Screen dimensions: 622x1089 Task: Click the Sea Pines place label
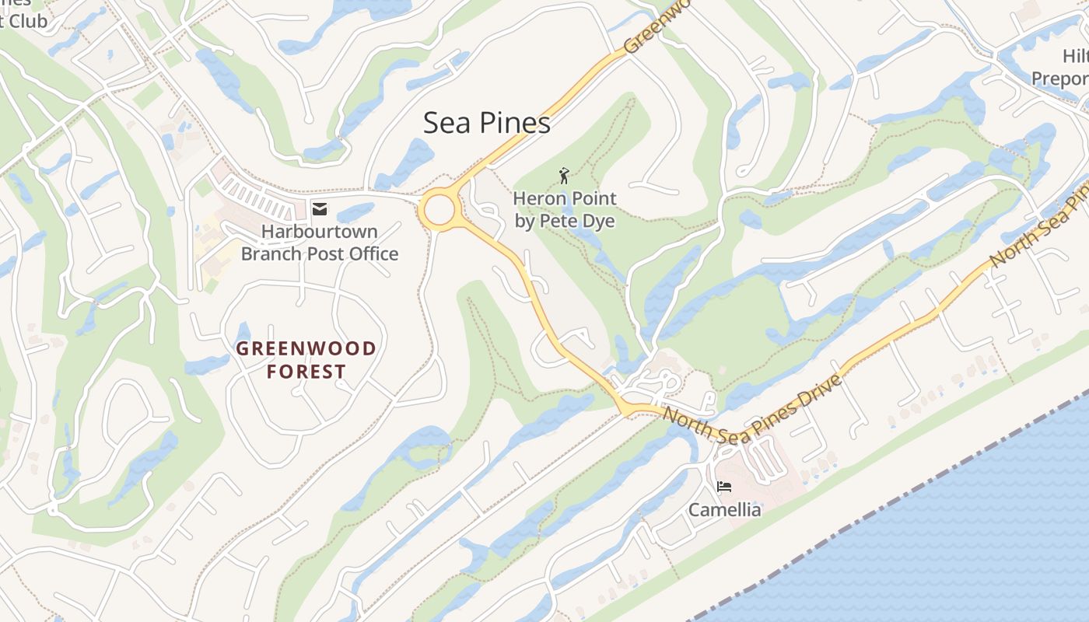pyautogui.click(x=487, y=123)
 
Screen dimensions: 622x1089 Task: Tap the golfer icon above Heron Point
pyautogui.click(x=565, y=176)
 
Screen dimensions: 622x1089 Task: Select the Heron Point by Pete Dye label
pyautogui.click(x=565, y=210)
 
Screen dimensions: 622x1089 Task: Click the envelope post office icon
pyautogui.click(x=319, y=208)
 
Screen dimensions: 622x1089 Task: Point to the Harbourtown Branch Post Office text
pyautogui.click(x=320, y=243)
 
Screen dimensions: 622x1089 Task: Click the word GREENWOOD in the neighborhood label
pyautogui.click(x=306, y=348)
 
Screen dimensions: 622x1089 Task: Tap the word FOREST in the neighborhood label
pyautogui.click(x=306, y=372)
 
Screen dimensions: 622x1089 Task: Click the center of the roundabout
pyautogui.click(x=439, y=210)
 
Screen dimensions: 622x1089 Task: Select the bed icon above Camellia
pyautogui.click(x=724, y=487)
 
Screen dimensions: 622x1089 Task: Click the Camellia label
pyautogui.click(x=724, y=510)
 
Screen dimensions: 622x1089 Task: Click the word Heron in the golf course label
pyautogui.click(x=537, y=199)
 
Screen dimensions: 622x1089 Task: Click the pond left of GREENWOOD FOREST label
pyautogui.click(x=207, y=364)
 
